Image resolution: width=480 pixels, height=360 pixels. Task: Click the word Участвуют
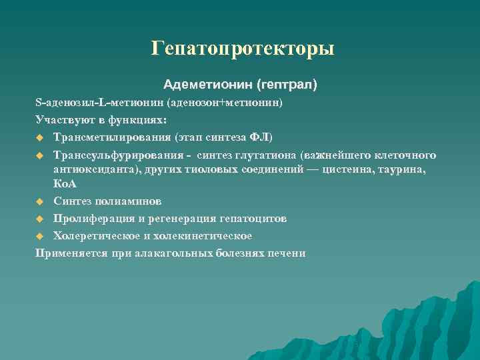tap(61, 121)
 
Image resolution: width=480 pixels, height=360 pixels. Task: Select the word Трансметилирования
tap(113, 138)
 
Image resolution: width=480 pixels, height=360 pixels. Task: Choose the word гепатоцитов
tap(254, 218)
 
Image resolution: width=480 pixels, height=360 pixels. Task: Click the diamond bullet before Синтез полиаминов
tap(40, 201)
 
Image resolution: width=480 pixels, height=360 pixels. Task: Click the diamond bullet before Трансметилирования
tap(40, 139)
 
